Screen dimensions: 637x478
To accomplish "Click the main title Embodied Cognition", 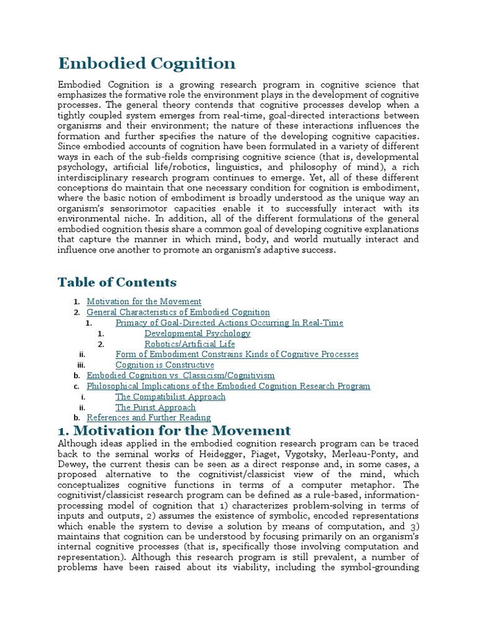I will click(147, 63).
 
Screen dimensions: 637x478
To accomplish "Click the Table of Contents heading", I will click(117, 282).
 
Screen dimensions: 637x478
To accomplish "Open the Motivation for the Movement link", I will click(144, 302).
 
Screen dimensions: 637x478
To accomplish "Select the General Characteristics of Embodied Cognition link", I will click(178, 312).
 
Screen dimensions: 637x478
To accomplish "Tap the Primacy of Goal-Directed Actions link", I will click(229, 323).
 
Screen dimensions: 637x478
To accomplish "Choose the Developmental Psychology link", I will click(197, 333).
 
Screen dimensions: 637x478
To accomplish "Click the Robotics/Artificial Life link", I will click(190, 344).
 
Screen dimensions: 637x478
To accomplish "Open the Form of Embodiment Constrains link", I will click(237, 355).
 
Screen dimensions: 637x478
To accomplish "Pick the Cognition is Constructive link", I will click(164, 365).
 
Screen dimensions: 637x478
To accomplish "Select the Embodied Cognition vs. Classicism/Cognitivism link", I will click(180, 376).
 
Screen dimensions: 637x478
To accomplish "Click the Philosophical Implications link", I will click(228, 386).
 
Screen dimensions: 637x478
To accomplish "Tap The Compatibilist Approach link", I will click(170, 397).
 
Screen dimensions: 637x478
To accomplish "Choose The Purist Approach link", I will click(155, 407).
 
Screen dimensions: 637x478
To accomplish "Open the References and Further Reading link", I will click(148, 418).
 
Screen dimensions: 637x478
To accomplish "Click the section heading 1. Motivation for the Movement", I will click(174, 430).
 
